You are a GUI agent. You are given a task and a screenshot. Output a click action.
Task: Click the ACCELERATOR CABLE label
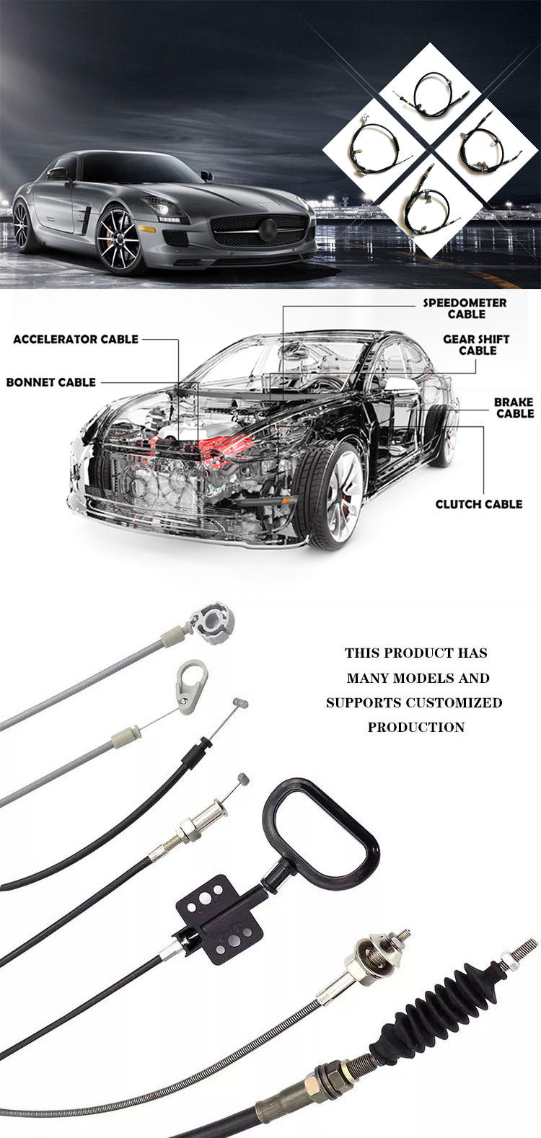pyautogui.click(x=76, y=339)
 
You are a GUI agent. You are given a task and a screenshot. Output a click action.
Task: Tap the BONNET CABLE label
pyautogui.click(x=51, y=382)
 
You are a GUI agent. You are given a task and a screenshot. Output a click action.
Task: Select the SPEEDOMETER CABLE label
pyautogui.click(x=465, y=309)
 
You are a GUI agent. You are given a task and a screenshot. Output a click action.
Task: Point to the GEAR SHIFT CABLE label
pyautogui.click(x=476, y=345)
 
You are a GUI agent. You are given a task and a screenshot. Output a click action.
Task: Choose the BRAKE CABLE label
pyautogui.click(x=514, y=407)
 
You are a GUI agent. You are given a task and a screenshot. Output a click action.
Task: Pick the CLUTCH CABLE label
pyautogui.click(x=479, y=504)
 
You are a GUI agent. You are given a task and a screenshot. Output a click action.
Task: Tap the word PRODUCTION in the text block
pyautogui.click(x=416, y=727)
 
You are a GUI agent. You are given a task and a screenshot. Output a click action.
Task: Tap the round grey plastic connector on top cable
pyautogui.click(x=212, y=622)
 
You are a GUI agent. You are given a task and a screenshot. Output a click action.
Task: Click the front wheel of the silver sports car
pyautogui.click(x=119, y=240)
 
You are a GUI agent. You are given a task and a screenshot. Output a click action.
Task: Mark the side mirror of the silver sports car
pyautogui.click(x=206, y=175)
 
